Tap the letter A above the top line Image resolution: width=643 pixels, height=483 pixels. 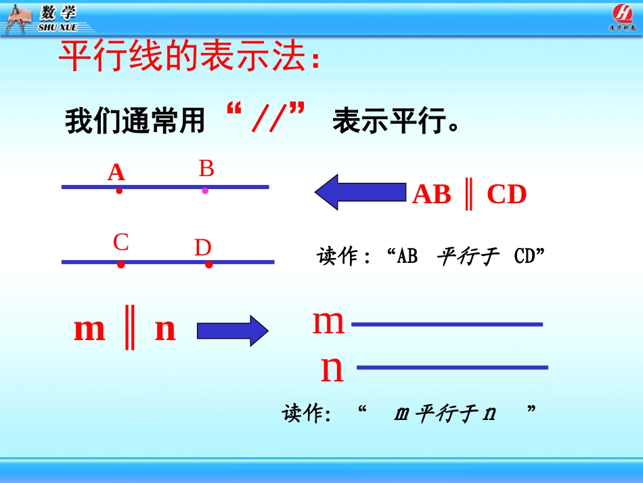116,173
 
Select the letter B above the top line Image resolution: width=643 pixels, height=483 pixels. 206,169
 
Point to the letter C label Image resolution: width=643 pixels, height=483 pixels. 121,243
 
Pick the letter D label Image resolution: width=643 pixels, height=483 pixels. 203,248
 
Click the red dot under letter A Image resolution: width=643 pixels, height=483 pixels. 119,191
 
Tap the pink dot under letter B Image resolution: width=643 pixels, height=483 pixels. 205,191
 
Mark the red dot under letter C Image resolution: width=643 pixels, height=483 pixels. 120,265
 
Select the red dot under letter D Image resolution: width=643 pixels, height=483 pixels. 208,265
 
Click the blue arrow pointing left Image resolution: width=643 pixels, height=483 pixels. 359,192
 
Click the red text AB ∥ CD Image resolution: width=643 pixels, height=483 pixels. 469,195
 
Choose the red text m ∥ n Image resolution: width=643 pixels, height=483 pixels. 125,330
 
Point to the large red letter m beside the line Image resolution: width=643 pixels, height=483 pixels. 328,322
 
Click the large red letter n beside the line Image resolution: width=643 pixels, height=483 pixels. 332,369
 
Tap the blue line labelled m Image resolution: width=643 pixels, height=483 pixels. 447,324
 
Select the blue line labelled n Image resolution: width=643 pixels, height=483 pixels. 451,368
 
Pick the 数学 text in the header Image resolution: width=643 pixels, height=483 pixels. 58,13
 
